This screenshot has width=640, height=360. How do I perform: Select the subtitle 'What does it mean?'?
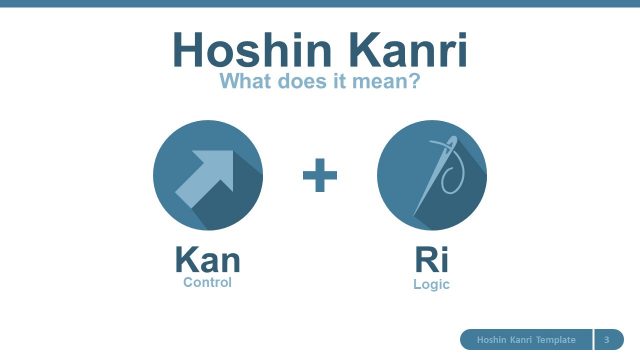coord(319,82)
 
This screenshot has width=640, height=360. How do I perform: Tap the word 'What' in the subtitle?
coord(245,82)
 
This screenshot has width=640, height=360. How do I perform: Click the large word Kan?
coord(207,261)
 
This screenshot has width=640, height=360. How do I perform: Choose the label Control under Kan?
coord(207,283)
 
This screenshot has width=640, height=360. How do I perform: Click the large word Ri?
coord(431,261)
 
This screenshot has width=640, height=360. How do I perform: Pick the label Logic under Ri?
coord(431,285)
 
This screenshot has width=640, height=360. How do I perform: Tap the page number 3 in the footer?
coord(607,340)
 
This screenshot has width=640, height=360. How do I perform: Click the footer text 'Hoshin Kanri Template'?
coord(525,340)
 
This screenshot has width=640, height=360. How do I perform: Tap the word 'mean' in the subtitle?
coord(385,82)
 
